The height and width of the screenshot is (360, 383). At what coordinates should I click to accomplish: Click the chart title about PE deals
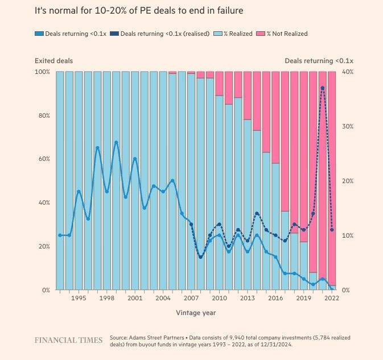coord(139,11)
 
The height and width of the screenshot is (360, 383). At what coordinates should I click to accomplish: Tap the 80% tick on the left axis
coord(43,115)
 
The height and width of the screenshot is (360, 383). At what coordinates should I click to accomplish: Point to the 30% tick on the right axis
coord(347,126)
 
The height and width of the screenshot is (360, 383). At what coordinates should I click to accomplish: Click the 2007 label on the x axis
coord(191,298)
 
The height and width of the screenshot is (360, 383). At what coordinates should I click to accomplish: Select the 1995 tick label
coord(79,298)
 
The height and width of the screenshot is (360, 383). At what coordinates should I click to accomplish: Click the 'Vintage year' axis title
coord(196,313)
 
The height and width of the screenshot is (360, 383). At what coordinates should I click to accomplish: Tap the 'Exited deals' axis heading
coord(53,61)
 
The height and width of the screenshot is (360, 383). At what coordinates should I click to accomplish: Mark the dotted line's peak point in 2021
coord(323,88)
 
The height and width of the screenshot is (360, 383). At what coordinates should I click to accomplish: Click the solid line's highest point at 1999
coord(116,142)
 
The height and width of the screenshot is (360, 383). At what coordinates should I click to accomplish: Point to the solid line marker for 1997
coord(97,148)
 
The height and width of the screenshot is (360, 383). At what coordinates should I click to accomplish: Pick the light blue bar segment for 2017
coord(285,250)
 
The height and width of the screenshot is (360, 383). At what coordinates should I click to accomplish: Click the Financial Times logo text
coord(68,340)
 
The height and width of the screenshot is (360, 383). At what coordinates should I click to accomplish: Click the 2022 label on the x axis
coord(331,298)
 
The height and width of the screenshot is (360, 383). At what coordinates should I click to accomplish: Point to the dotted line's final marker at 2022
coord(332,230)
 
